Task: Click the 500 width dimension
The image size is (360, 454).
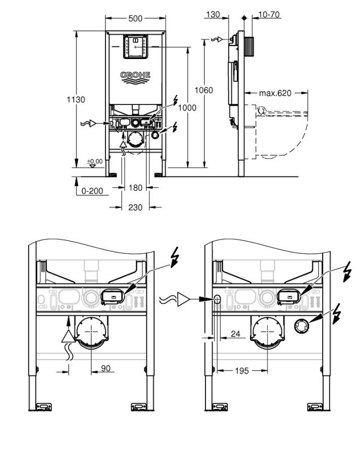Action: pos(135,19)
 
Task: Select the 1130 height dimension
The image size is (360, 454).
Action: pos(76,100)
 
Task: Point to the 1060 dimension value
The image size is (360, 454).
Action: pos(204,90)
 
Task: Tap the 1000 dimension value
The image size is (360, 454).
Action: pos(187,107)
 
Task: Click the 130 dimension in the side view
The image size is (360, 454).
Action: pos(213,15)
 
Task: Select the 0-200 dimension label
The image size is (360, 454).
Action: pos(92,192)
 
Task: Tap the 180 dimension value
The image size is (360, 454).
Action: pos(135,188)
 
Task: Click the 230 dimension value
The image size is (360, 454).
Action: pos(135,207)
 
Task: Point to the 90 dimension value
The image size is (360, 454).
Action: pos(106,369)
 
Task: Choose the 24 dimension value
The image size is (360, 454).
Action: pos(234,333)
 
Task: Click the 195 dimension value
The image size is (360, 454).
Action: pos(241,371)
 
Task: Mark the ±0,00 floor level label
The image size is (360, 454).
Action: pos(94,161)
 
